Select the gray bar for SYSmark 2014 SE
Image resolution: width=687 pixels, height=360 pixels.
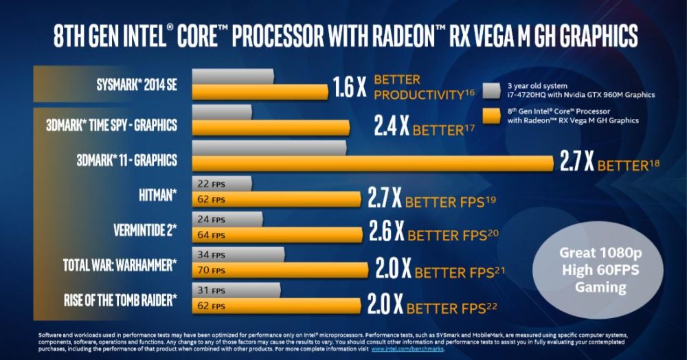234,76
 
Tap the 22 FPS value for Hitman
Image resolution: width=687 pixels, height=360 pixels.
211,184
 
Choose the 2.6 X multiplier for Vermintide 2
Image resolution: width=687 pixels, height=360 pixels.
386,232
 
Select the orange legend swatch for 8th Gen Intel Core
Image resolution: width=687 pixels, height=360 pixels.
491,115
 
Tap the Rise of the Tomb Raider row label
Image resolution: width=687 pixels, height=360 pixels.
120,300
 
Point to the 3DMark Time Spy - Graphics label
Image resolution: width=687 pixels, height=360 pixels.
112,125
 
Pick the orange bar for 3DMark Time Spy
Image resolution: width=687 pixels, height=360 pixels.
272,126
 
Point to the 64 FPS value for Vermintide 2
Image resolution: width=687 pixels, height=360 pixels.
211,236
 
